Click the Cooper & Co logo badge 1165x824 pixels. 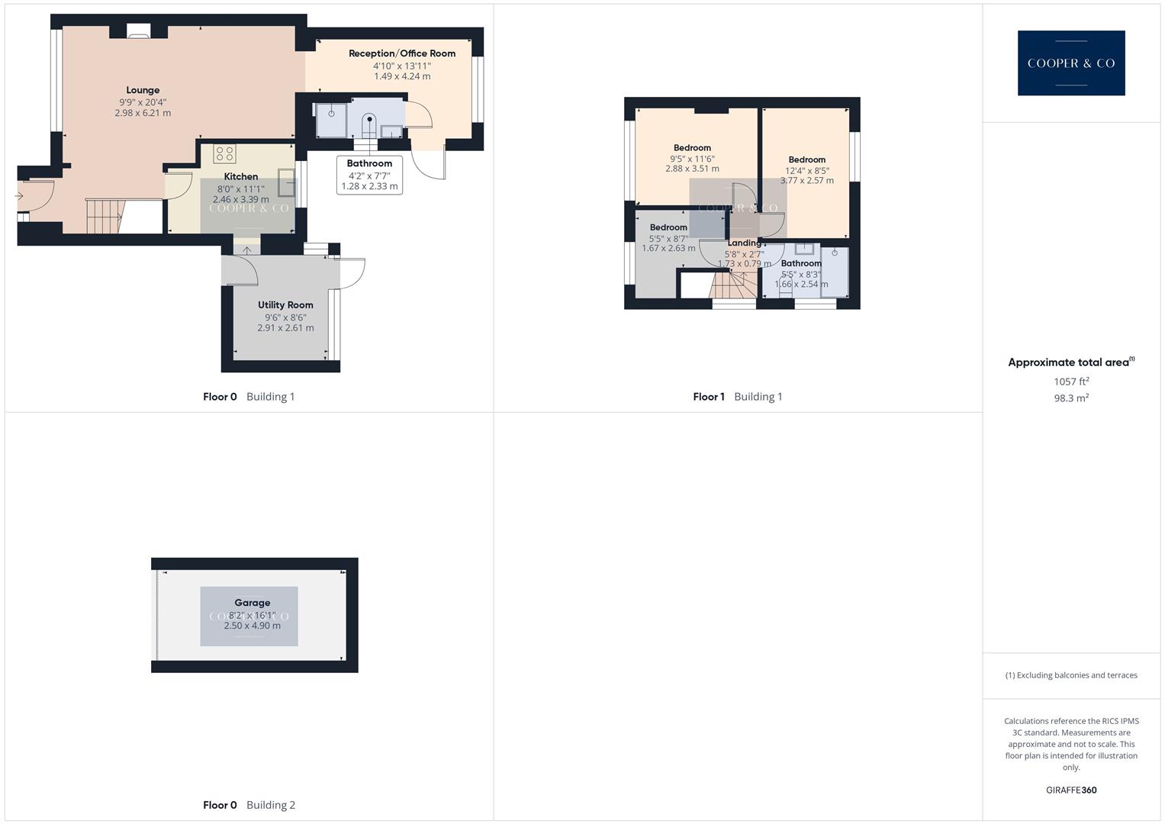[x=1070, y=63]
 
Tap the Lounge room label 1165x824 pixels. [x=143, y=90]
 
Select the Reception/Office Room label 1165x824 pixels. [x=401, y=53]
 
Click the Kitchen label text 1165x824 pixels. [x=240, y=176]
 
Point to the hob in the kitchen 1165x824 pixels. [x=224, y=153]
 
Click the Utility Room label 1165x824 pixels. [x=285, y=305]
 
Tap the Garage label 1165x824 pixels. [x=252, y=603]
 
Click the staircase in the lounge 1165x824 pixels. [x=104, y=216]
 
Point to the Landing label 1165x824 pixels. [x=743, y=243]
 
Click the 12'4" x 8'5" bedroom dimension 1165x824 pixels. [x=807, y=171]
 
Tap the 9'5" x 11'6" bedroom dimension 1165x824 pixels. [x=692, y=159]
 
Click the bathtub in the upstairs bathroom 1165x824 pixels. [x=835, y=272]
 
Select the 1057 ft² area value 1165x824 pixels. [x=1070, y=381]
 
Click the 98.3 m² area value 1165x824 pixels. [x=1070, y=398]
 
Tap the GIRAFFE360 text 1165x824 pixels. [x=1070, y=790]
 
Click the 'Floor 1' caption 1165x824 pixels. [x=709, y=397]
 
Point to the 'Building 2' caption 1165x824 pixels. [x=271, y=805]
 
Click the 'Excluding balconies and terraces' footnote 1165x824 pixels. [x=1070, y=675]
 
